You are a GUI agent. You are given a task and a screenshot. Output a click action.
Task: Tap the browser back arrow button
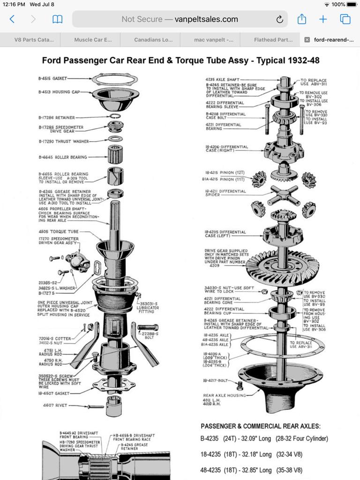(12, 19)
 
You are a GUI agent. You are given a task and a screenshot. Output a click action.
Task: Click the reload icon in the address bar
(279, 19)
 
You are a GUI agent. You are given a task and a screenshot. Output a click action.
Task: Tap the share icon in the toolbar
(301, 19)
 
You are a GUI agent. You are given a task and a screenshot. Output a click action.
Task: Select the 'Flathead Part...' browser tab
(273, 40)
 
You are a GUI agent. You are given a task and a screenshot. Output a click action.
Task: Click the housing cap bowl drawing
(115, 99)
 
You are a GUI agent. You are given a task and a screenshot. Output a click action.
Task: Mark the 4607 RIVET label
(55, 405)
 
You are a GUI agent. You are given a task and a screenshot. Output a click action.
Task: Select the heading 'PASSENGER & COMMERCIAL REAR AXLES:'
(261, 426)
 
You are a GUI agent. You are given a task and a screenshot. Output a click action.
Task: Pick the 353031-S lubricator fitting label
(148, 306)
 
